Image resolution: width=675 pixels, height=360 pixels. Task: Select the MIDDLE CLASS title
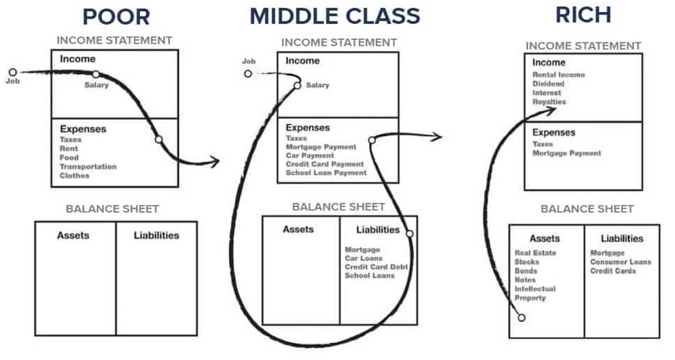(334, 16)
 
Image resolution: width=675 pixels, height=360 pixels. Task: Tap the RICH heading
(583, 15)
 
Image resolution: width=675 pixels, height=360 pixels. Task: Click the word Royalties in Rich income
(549, 102)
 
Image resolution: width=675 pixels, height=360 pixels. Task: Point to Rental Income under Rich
(558, 75)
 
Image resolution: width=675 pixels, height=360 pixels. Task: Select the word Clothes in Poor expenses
(74, 176)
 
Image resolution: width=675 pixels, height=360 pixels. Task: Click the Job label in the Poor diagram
(13, 82)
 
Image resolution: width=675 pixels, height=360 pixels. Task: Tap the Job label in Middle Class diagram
(249, 61)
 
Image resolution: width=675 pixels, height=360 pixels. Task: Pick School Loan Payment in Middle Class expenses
(326, 172)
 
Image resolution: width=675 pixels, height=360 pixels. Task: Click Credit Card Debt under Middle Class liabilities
(376, 267)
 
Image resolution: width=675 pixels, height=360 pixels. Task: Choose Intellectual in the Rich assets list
(535, 289)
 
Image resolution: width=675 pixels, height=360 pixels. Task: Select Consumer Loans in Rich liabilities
(621, 262)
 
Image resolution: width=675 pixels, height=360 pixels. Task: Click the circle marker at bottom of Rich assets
(521, 317)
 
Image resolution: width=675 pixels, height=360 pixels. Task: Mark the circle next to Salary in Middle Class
(297, 85)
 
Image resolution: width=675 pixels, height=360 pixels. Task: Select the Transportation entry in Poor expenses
(88, 167)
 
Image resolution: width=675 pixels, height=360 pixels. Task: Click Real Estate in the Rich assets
(535, 253)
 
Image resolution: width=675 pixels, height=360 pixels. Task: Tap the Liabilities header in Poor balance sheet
(156, 235)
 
